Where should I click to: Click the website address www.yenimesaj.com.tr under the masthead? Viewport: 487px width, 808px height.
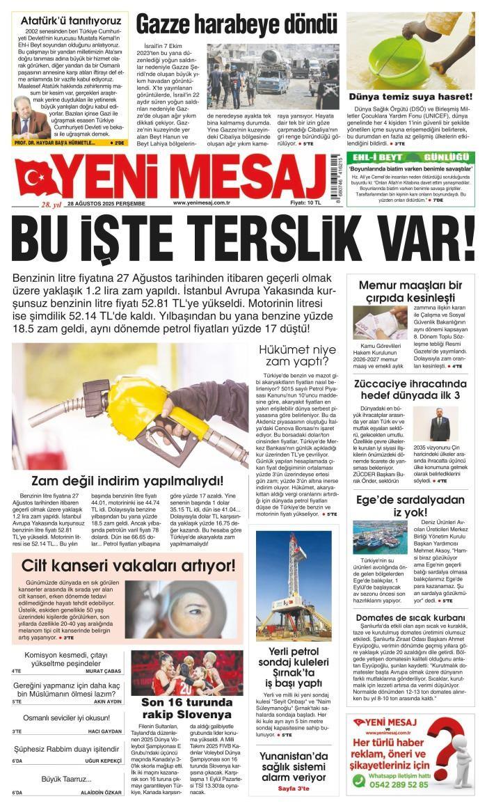point(202,203)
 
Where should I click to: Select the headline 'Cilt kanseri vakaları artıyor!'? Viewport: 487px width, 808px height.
point(129,564)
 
